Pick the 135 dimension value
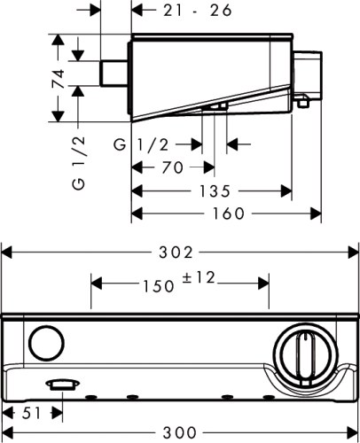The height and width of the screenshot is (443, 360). click(214, 190)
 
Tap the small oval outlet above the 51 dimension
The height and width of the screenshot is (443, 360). click(60, 385)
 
